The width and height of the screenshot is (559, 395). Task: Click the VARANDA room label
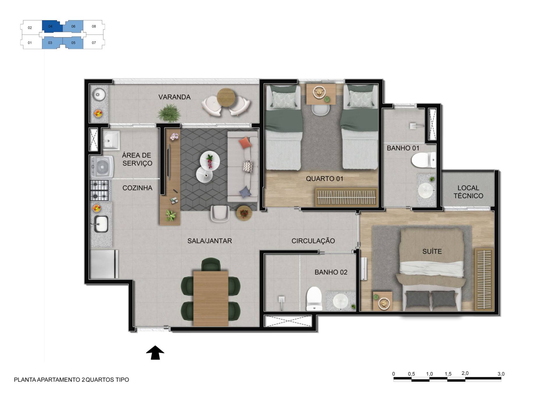174,97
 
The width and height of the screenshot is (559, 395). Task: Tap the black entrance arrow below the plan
155,353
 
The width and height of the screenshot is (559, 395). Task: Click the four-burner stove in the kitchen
100,191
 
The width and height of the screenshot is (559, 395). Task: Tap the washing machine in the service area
102,167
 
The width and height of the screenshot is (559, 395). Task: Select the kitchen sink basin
101,224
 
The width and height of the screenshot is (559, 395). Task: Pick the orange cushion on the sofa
245,142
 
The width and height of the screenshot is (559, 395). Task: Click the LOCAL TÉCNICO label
468,192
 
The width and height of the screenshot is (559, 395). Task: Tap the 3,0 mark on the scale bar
501,374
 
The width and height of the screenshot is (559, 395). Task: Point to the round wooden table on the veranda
226,98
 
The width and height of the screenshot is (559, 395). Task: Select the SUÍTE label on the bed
432,251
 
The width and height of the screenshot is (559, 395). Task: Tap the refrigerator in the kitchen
104,264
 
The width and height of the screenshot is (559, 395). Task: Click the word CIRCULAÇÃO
313,241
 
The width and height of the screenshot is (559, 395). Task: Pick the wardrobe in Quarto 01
346,197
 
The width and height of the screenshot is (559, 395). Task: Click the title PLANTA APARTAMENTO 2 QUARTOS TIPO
72,380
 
